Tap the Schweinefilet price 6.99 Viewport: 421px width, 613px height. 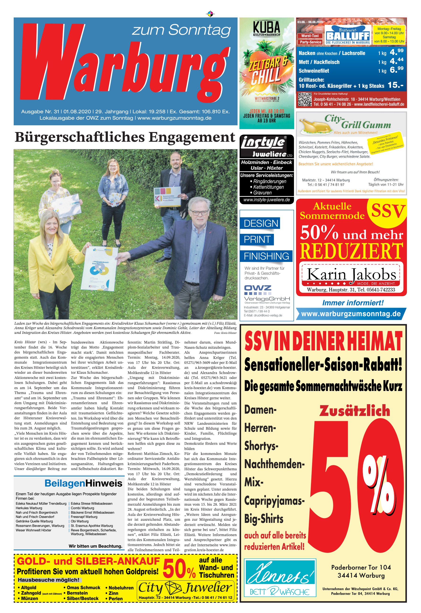[396, 70]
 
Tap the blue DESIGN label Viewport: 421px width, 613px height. [260, 223]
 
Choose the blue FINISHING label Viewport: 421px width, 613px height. [266, 256]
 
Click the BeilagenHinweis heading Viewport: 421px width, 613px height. [83, 483]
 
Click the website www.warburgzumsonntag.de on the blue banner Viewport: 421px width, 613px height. [351, 314]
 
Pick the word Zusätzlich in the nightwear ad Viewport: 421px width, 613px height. [354, 411]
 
